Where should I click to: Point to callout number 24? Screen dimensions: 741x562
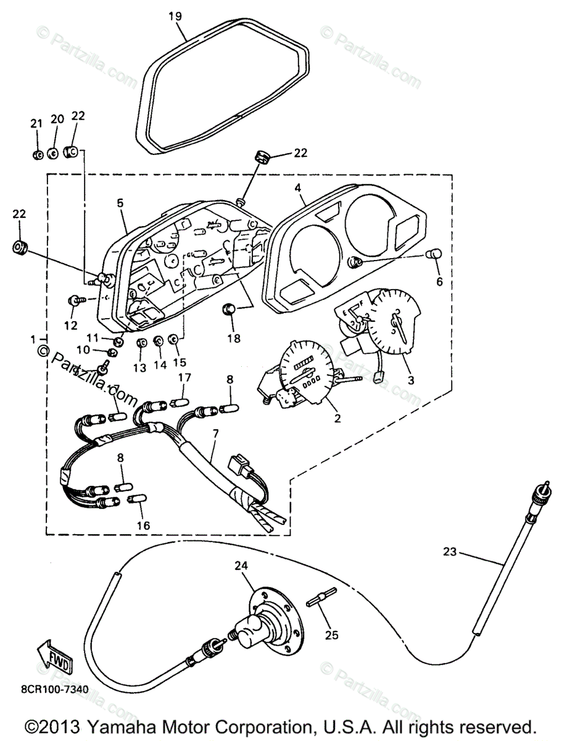click(240, 566)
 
